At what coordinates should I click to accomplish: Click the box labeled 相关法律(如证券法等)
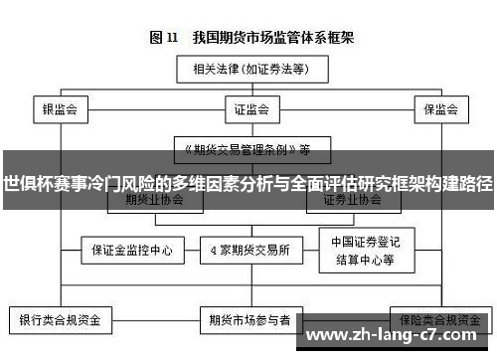pyautogui.click(x=248, y=71)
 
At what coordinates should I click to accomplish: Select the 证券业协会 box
pyautogui.click(x=351, y=199)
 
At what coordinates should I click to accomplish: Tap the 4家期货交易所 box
pyautogui.click(x=248, y=250)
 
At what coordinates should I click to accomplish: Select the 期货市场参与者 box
pyautogui.click(x=249, y=321)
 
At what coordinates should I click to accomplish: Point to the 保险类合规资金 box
pyautogui.click(x=437, y=319)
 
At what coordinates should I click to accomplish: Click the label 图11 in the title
pyautogui.click(x=163, y=39)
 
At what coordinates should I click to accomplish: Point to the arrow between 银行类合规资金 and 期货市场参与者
pyautogui.click(x=158, y=321)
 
